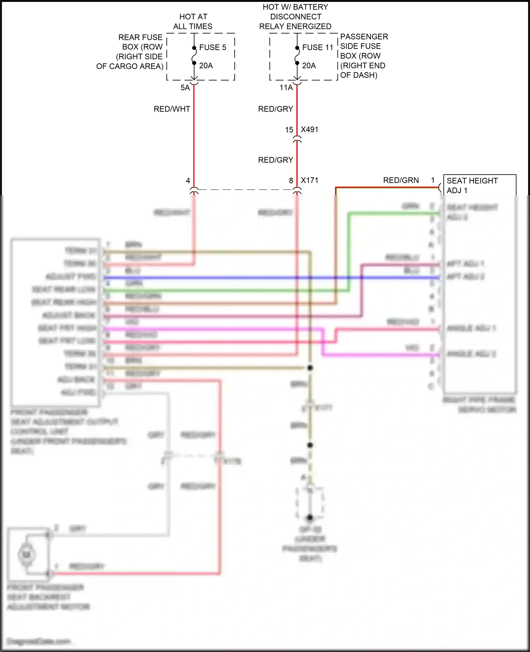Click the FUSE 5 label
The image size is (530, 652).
212,47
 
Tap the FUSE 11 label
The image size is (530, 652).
318,47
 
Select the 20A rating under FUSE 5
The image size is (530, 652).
206,66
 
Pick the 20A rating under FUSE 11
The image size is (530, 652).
309,66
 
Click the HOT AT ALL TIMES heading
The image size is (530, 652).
193,22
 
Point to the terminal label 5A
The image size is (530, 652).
185,88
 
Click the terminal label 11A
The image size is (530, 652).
286,88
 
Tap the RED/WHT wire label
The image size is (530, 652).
172,109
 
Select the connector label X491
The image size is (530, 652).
310,130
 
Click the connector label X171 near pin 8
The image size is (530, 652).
310,180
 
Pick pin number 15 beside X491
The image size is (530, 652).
289,130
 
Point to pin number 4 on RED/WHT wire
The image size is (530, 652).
188,181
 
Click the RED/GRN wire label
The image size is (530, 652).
401,180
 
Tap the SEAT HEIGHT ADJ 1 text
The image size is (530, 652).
472,185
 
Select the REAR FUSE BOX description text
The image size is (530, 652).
134,52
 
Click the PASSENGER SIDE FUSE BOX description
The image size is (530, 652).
363,56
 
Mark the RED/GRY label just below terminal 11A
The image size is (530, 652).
276,109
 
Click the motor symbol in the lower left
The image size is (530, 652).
27,554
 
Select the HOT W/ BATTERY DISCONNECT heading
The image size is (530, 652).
295,17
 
